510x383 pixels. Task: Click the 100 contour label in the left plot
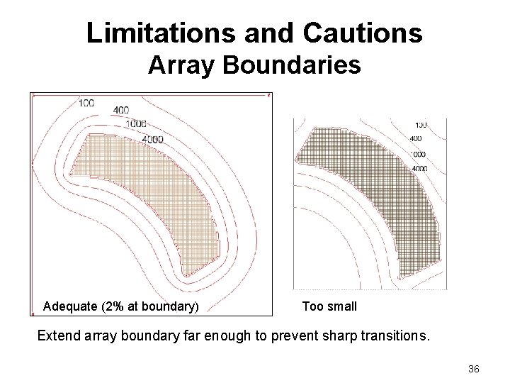(86, 103)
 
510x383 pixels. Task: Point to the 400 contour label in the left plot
(120, 111)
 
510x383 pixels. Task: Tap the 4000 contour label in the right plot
(419, 169)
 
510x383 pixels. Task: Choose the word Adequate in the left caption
(70, 306)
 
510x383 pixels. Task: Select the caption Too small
(329, 306)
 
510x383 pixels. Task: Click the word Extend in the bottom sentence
(59, 334)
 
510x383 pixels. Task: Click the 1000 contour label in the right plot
(419, 153)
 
